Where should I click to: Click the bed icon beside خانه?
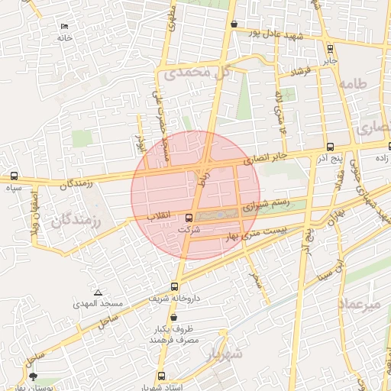(x=64, y=27)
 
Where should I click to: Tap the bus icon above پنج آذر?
(x=329, y=147)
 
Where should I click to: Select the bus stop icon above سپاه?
(x=15, y=176)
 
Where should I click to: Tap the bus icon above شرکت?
(x=189, y=218)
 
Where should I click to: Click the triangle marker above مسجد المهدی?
(x=98, y=292)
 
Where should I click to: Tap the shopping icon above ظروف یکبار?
(x=174, y=317)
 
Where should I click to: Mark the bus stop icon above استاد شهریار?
(x=161, y=376)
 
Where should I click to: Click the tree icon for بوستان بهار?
(x=32, y=376)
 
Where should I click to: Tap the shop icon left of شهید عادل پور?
(x=234, y=24)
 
